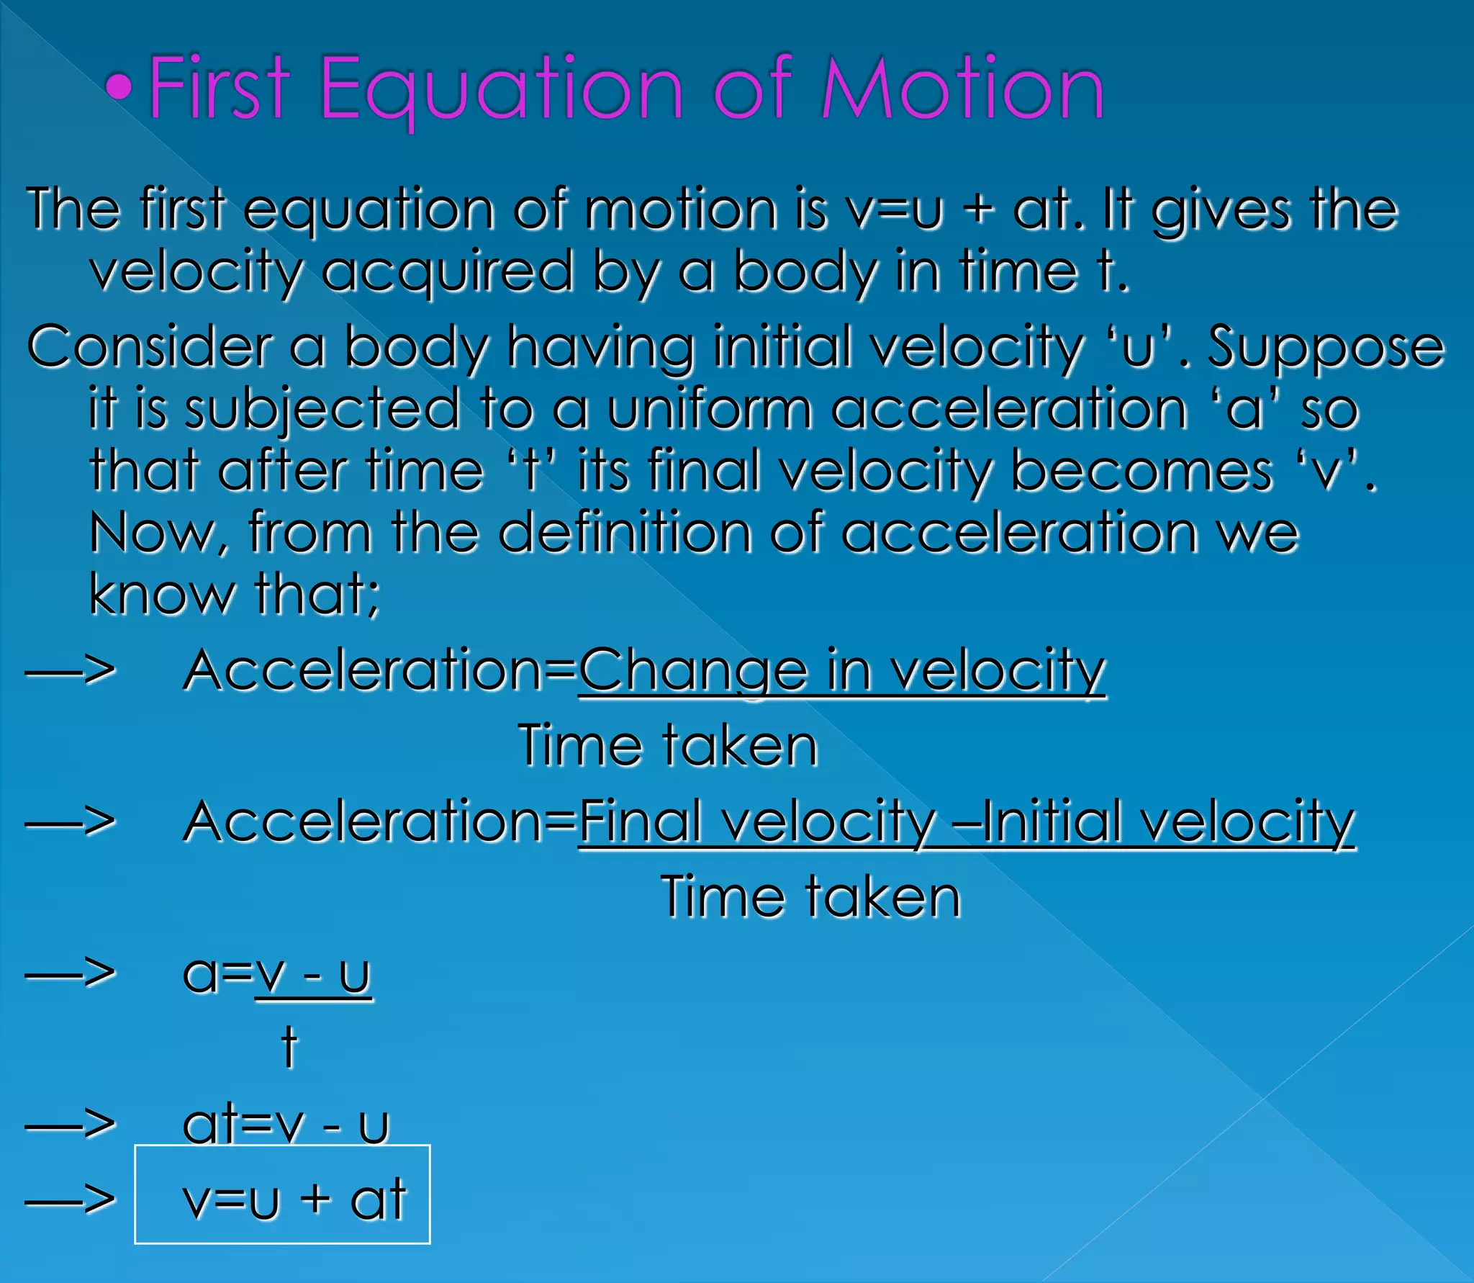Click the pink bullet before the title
tap(119, 87)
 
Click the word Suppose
tap(1325, 348)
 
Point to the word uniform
tap(709, 409)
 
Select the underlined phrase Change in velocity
tap(841, 671)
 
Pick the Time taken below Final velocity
tap(810, 896)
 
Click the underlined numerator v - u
tap(314, 974)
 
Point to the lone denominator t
tap(289, 1047)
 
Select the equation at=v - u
tap(285, 1125)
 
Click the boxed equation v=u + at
tap(294, 1199)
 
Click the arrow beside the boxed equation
tap(70, 1199)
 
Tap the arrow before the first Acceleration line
tap(70, 671)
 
